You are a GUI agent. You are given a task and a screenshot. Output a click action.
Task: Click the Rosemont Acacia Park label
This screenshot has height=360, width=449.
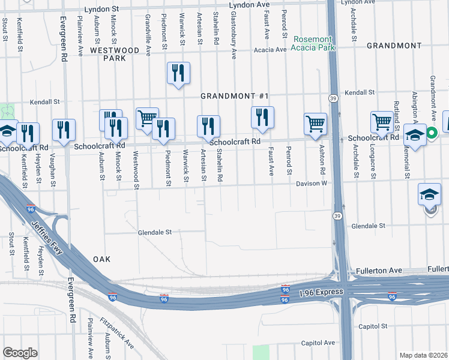coord(312,43)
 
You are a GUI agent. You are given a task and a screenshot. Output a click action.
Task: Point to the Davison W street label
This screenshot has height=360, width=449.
coord(310,184)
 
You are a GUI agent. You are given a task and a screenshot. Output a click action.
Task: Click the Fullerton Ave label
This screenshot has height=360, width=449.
coord(379,271)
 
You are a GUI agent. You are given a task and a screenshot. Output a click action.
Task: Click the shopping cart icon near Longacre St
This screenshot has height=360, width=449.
coord(382,122)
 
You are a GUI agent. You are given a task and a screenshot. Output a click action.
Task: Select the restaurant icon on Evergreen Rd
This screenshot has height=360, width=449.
coord(64,130)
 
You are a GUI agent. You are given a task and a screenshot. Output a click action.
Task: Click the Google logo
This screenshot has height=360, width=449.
coord(20,353)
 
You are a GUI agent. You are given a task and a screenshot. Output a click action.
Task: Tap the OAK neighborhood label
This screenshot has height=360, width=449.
coord(102,259)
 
